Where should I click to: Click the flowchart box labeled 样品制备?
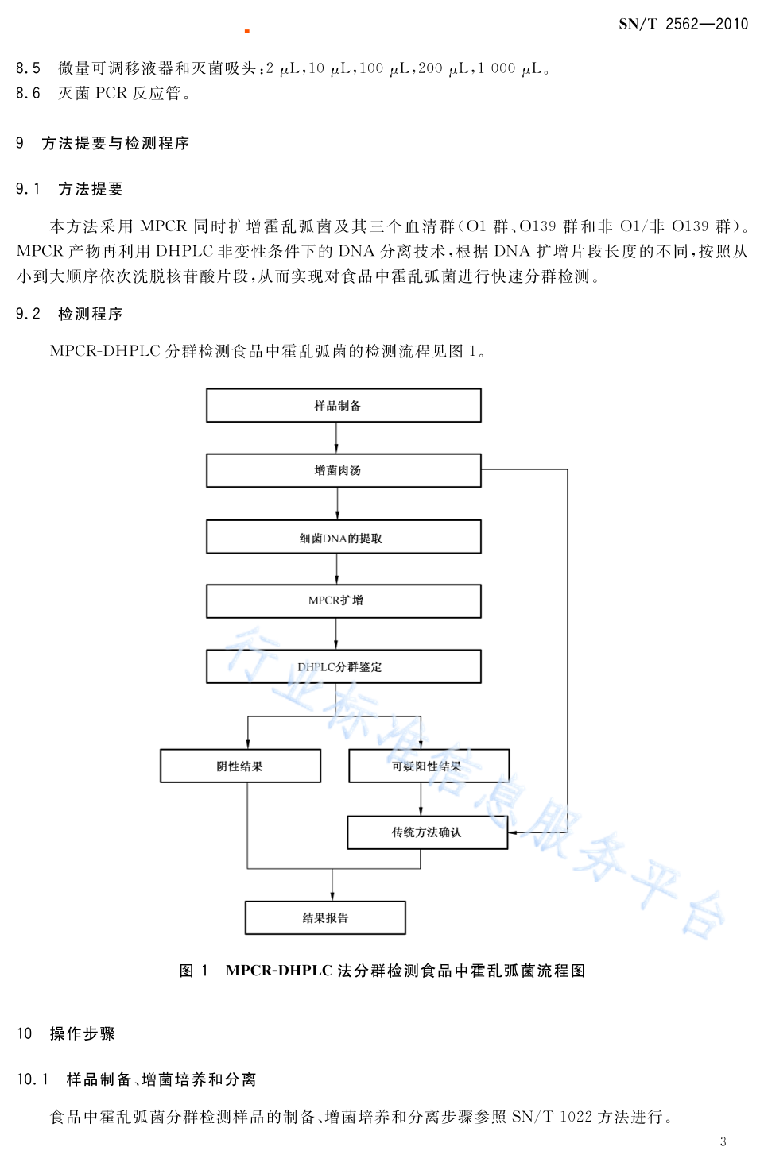point(343,405)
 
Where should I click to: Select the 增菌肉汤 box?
point(343,470)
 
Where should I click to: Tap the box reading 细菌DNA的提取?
point(343,537)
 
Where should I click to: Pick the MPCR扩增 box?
point(343,601)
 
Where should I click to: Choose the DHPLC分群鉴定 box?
point(343,666)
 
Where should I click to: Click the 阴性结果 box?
point(240,766)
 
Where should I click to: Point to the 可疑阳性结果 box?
point(429,766)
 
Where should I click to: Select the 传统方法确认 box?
point(428,832)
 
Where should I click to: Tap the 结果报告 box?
point(325,917)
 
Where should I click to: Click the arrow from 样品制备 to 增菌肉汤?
point(336,438)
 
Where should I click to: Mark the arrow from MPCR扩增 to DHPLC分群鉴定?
point(336,634)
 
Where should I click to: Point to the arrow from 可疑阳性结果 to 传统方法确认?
point(421,799)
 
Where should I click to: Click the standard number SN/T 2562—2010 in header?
point(683,24)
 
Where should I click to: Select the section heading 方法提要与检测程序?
point(115,143)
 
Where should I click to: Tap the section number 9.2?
point(28,314)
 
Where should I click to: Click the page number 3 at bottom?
point(723,1141)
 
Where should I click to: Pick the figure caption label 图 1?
point(193,971)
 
